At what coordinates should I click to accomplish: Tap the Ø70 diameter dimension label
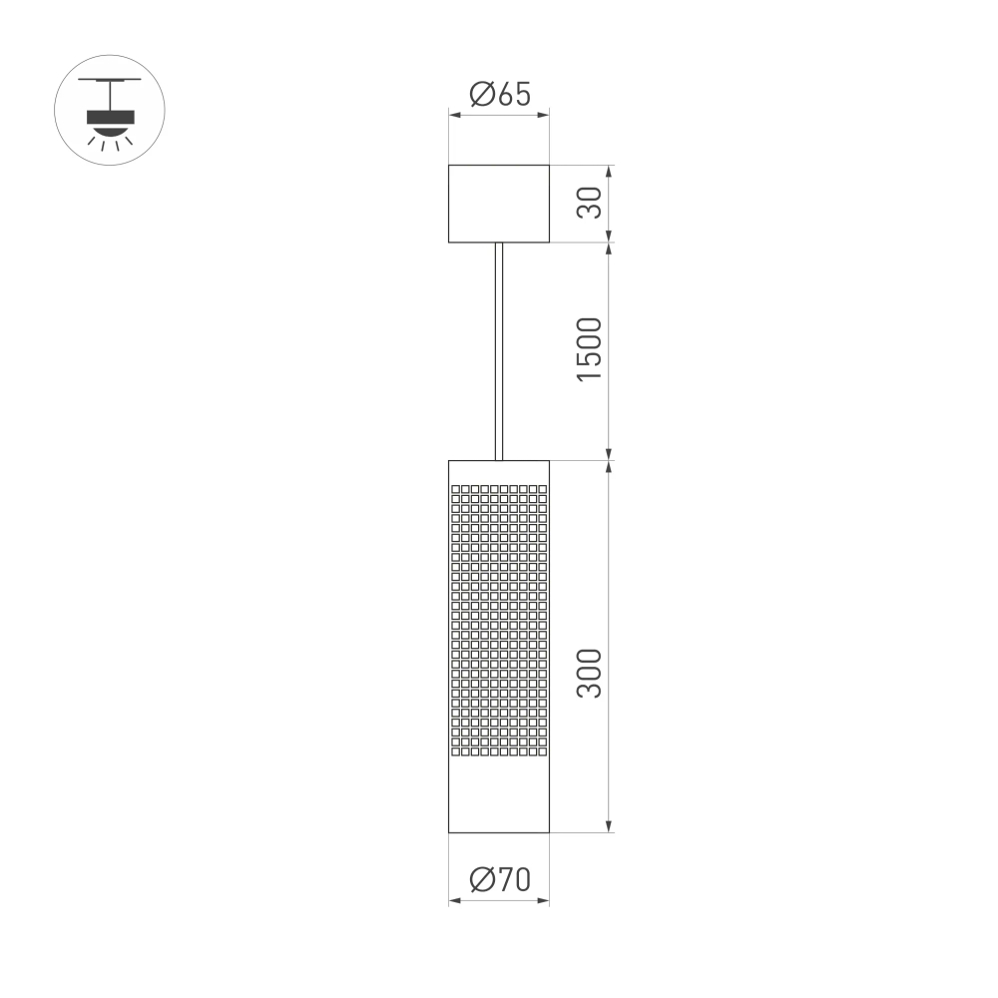499,879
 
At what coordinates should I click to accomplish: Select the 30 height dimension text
590,203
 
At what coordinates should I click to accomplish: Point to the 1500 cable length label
590,348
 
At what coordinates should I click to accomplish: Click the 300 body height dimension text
590,673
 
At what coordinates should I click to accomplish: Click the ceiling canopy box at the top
499,204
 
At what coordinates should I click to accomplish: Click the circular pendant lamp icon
110,110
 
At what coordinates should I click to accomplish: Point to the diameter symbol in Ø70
480,879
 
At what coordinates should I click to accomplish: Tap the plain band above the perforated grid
499,472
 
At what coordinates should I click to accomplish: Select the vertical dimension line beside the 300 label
609,646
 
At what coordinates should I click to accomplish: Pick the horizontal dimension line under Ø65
499,116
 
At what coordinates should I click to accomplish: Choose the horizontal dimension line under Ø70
499,901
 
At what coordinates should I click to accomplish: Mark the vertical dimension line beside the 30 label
609,204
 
